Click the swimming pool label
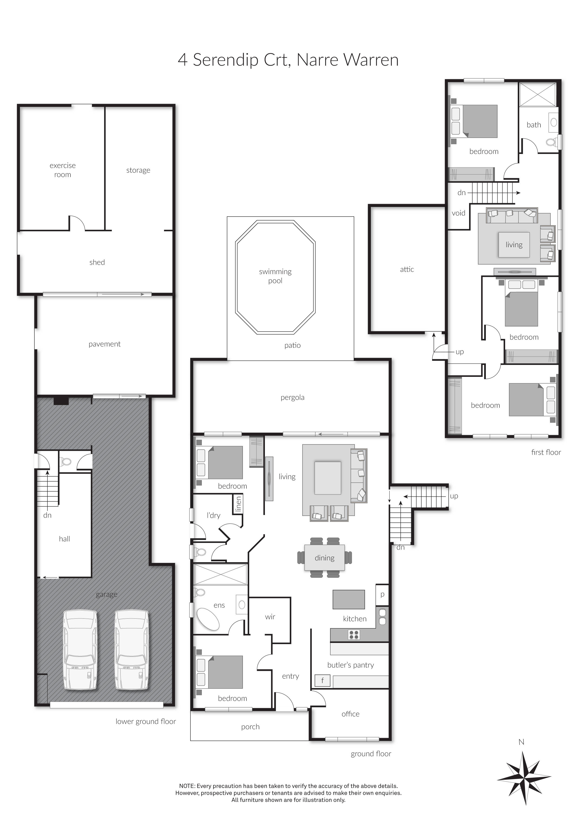[x=275, y=276]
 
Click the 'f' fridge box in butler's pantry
[x=323, y=681]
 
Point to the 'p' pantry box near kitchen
[x=382, y=594]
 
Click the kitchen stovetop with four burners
[x=354, y=634]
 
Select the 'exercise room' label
[x=63, y=170]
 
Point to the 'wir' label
[x=270, y=617]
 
